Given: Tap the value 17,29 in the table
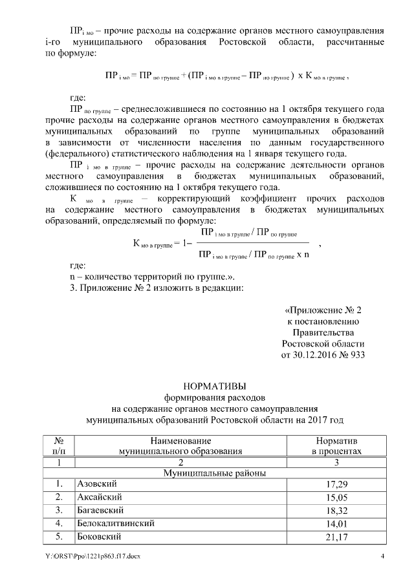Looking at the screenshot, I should (332, 484).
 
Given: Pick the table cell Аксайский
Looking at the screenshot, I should (97, 496).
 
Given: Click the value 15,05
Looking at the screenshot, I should (332, 497).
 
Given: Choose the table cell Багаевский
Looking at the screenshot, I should (100, 509).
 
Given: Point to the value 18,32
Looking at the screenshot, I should (332, 510).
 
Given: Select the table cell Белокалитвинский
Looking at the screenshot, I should (116, 522).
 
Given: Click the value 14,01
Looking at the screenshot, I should (332, 523).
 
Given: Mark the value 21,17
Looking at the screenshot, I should (332, 536).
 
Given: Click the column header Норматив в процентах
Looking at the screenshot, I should (332, 445).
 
